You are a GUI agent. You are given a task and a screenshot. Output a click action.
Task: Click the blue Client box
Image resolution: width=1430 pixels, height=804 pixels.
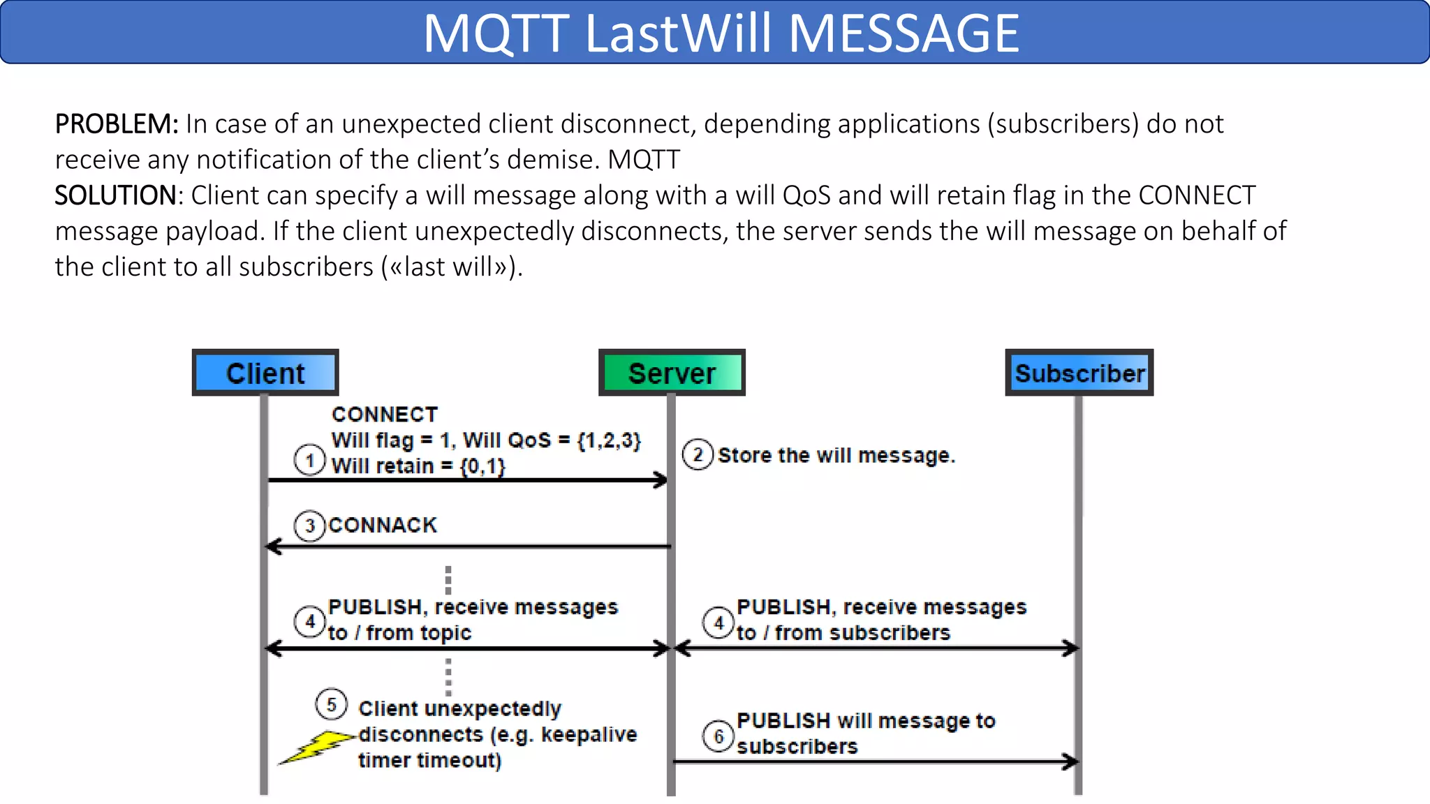coord(265,373)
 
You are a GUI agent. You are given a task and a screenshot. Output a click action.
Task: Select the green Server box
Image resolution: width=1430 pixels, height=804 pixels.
coord(672,373)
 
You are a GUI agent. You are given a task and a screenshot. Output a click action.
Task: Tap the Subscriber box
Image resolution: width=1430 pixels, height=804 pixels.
coord(1079,373)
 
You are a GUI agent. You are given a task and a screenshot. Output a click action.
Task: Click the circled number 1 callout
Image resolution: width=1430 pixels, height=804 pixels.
coord(309,461)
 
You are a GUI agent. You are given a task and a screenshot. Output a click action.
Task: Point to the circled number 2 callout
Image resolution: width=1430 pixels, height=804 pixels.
coord(698,455)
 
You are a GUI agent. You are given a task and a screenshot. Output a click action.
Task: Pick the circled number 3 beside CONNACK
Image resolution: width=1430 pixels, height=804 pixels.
coord(310,526)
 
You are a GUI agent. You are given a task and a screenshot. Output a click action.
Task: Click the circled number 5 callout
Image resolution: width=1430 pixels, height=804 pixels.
coord(331,705)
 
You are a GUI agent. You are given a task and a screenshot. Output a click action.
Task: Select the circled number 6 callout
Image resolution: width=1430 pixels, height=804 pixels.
coord(718,736)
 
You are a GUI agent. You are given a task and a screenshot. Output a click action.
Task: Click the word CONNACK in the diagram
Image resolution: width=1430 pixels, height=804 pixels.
coord(383,525)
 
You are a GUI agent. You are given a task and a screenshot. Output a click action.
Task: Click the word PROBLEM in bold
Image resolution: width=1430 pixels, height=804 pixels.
coord(116,124)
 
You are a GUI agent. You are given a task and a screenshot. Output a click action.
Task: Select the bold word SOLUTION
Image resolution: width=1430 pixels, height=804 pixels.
coord(116,195)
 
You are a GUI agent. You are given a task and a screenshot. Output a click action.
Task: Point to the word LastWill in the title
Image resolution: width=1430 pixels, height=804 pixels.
coord(677,33)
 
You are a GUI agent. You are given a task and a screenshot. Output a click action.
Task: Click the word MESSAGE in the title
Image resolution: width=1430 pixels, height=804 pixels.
coord(904,33)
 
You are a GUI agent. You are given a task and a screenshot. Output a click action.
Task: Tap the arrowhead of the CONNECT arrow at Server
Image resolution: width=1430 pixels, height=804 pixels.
coord(661,480)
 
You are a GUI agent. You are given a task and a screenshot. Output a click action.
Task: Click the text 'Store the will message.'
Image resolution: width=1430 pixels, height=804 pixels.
coord(836,455)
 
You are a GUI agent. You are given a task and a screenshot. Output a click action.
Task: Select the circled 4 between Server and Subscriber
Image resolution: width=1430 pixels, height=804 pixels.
coord(718,622)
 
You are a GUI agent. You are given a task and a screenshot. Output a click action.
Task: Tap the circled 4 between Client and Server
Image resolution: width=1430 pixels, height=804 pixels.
coord(310,621)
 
